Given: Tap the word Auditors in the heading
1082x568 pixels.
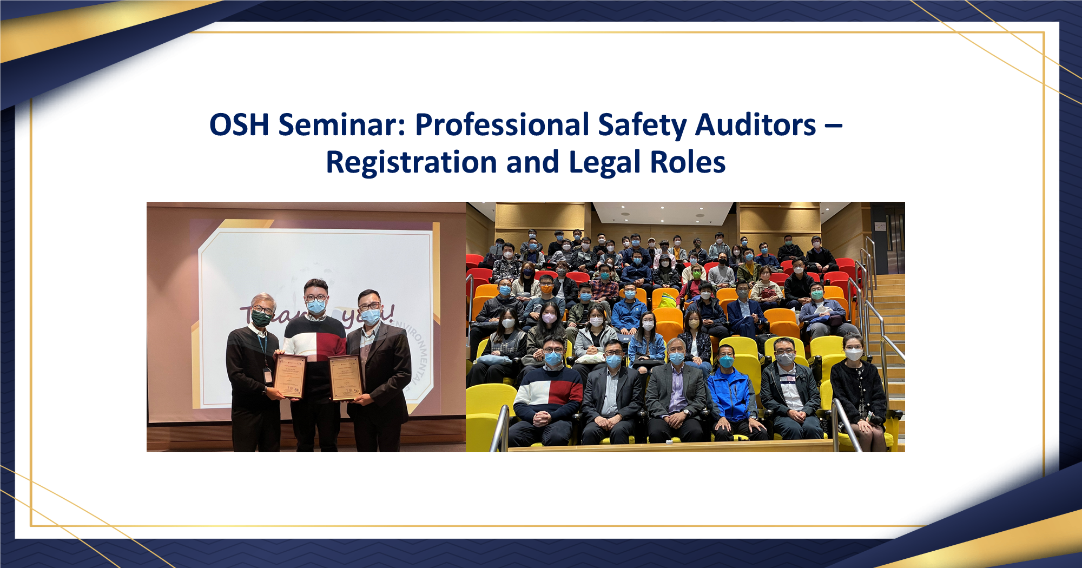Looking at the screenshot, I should point(755,125).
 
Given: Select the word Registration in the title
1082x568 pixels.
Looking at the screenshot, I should point(411,162).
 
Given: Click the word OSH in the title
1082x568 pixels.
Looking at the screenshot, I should point(239,125).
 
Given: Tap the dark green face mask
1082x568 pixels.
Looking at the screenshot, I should point(261,318).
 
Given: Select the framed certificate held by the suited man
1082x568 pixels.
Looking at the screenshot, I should point(345,378).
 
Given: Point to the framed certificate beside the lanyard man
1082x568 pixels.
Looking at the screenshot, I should point(291,375).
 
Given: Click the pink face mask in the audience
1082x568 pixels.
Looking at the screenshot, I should point(549,318).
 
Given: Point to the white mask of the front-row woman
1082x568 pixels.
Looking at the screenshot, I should point(853,354).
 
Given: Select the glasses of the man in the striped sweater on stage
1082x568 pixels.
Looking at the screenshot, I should point(315,298).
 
